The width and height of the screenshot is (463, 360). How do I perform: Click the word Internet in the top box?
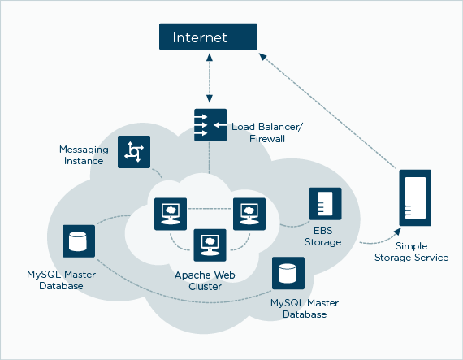pos(199,38)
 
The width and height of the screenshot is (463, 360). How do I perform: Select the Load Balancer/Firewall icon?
pos(210,125)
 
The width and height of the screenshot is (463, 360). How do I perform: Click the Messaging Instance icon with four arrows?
pos(134,152)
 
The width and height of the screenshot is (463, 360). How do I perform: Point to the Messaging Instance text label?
pos(81,155)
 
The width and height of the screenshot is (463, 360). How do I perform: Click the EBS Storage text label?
pos(322,236)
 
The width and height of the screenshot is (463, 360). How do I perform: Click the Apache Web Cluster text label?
pos(205,281)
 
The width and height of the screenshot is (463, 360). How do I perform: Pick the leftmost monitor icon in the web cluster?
pos(171,214)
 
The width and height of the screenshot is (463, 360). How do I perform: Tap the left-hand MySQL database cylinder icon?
pos(79,241)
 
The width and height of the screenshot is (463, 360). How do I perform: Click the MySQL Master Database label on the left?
pos(54,281)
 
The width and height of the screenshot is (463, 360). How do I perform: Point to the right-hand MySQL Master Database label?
pos(305,309)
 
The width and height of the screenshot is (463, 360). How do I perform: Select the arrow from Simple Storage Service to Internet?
pos(333,106)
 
